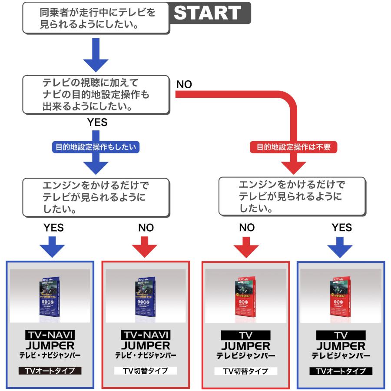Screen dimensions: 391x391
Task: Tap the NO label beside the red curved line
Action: click(x=184, y=84)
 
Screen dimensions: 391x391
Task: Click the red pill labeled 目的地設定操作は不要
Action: click(x=294, y=147)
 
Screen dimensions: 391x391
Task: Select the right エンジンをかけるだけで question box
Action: click(x=294, y=195)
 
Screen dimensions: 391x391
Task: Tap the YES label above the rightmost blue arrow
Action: click(x=341, y=228)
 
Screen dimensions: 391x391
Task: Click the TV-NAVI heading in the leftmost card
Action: click(x=50, y=335)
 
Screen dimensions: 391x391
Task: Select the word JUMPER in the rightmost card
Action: click(x=341, y=346)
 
